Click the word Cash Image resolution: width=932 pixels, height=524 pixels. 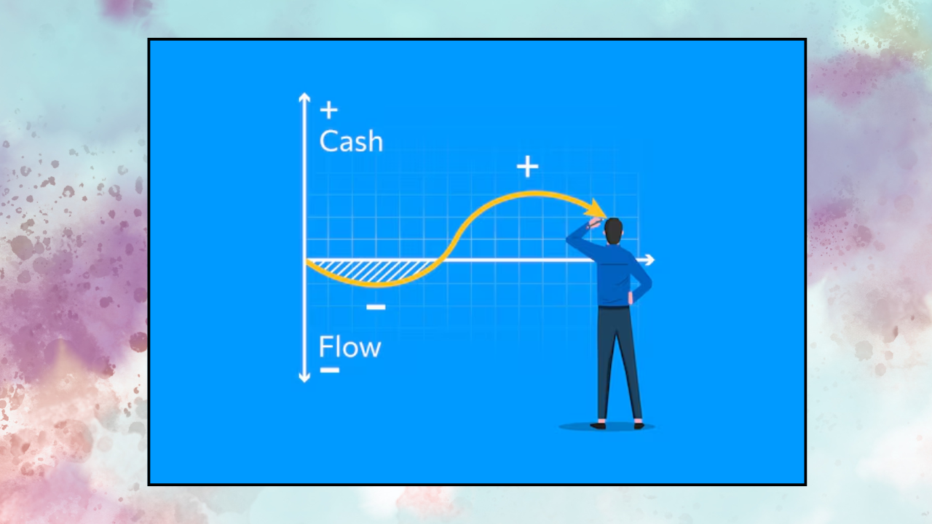(350, 142)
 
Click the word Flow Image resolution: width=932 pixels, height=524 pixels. (349, 348)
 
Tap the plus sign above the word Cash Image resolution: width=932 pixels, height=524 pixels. (329, 110)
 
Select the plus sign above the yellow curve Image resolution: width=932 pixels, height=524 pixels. (527, 167)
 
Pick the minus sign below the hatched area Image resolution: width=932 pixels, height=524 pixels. (376, 307)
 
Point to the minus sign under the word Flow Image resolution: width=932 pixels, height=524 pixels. (329, 370)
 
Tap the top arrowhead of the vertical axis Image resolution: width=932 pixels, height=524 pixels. (304, 98)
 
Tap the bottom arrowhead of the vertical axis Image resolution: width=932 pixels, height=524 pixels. (304, 377)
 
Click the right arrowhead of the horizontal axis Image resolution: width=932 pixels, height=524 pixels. (649, 260)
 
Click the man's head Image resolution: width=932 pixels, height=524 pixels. (614, 231)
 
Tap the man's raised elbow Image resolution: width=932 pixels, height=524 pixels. (572, 234)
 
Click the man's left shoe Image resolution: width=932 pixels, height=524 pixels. (599, 425)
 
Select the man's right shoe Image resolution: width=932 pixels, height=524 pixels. (639, 425)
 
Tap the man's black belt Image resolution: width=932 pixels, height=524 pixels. (613, 307)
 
